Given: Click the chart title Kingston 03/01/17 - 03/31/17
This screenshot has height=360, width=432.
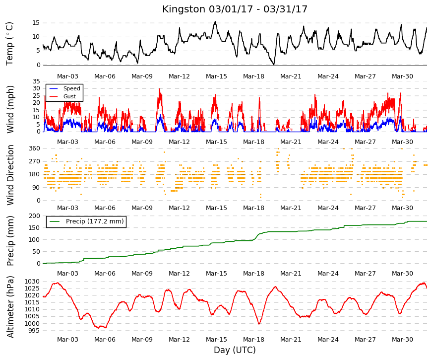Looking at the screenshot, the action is tap(235, 9).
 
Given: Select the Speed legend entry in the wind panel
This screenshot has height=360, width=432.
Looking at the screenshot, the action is tap(71, 88).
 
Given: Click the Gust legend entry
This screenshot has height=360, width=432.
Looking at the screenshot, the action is tap(69, 96).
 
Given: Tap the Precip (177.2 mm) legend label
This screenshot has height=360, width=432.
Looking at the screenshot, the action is tap(95, 221).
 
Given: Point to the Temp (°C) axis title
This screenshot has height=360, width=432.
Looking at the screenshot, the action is tap(9, 44).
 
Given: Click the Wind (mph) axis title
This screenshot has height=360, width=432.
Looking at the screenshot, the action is tap(10, 110).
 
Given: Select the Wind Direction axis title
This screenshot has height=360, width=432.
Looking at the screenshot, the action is tap(10, 175).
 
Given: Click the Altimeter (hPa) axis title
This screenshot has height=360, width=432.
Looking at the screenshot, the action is tap(10, 307).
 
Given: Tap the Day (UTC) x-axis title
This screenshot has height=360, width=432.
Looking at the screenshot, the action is tap(235, 350).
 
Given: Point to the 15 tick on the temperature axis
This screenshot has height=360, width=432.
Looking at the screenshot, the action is tap(36, 23).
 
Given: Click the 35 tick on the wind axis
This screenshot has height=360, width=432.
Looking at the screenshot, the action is tap(36, 81).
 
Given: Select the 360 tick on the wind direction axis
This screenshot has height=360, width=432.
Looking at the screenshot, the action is tap(34, 148).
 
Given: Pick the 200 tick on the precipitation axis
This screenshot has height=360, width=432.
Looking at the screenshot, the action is tap(34, 216).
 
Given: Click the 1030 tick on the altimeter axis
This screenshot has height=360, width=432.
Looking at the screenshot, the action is tap(32, 282).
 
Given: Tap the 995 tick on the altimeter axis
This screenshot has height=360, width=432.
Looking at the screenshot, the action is tap(34, 331).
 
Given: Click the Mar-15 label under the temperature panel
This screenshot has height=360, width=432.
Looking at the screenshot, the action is tap(216, 76).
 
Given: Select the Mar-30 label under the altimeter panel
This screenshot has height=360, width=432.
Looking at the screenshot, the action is tap(402, 339).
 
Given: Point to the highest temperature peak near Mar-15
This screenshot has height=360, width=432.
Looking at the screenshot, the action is tap(215, 21).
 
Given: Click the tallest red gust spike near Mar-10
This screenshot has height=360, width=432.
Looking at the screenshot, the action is tap(159, 89).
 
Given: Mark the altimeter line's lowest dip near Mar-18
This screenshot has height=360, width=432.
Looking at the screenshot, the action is tap(259, 324).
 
